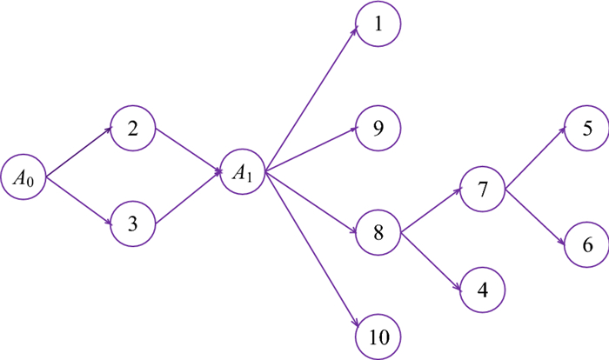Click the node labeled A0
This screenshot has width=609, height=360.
(x=23, y=179)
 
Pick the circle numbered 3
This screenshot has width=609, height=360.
(x=133, y=223)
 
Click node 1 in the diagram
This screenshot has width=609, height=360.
(x=378, y=24)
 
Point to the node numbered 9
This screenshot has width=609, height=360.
(x=378, y=129)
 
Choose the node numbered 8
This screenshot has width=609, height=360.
(x=378, y=233)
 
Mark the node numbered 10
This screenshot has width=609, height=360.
(x=378, y=336)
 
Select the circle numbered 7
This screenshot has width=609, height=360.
(x=484, y=190)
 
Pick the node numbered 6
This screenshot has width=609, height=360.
(x=588, y=246)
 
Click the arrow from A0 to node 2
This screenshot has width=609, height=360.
(x=79, y=154)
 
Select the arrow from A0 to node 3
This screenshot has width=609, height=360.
(x=79, y=202)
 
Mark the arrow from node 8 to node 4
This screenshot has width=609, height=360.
(x=432, y=258)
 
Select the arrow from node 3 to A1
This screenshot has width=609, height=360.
(x=188, y=197)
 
